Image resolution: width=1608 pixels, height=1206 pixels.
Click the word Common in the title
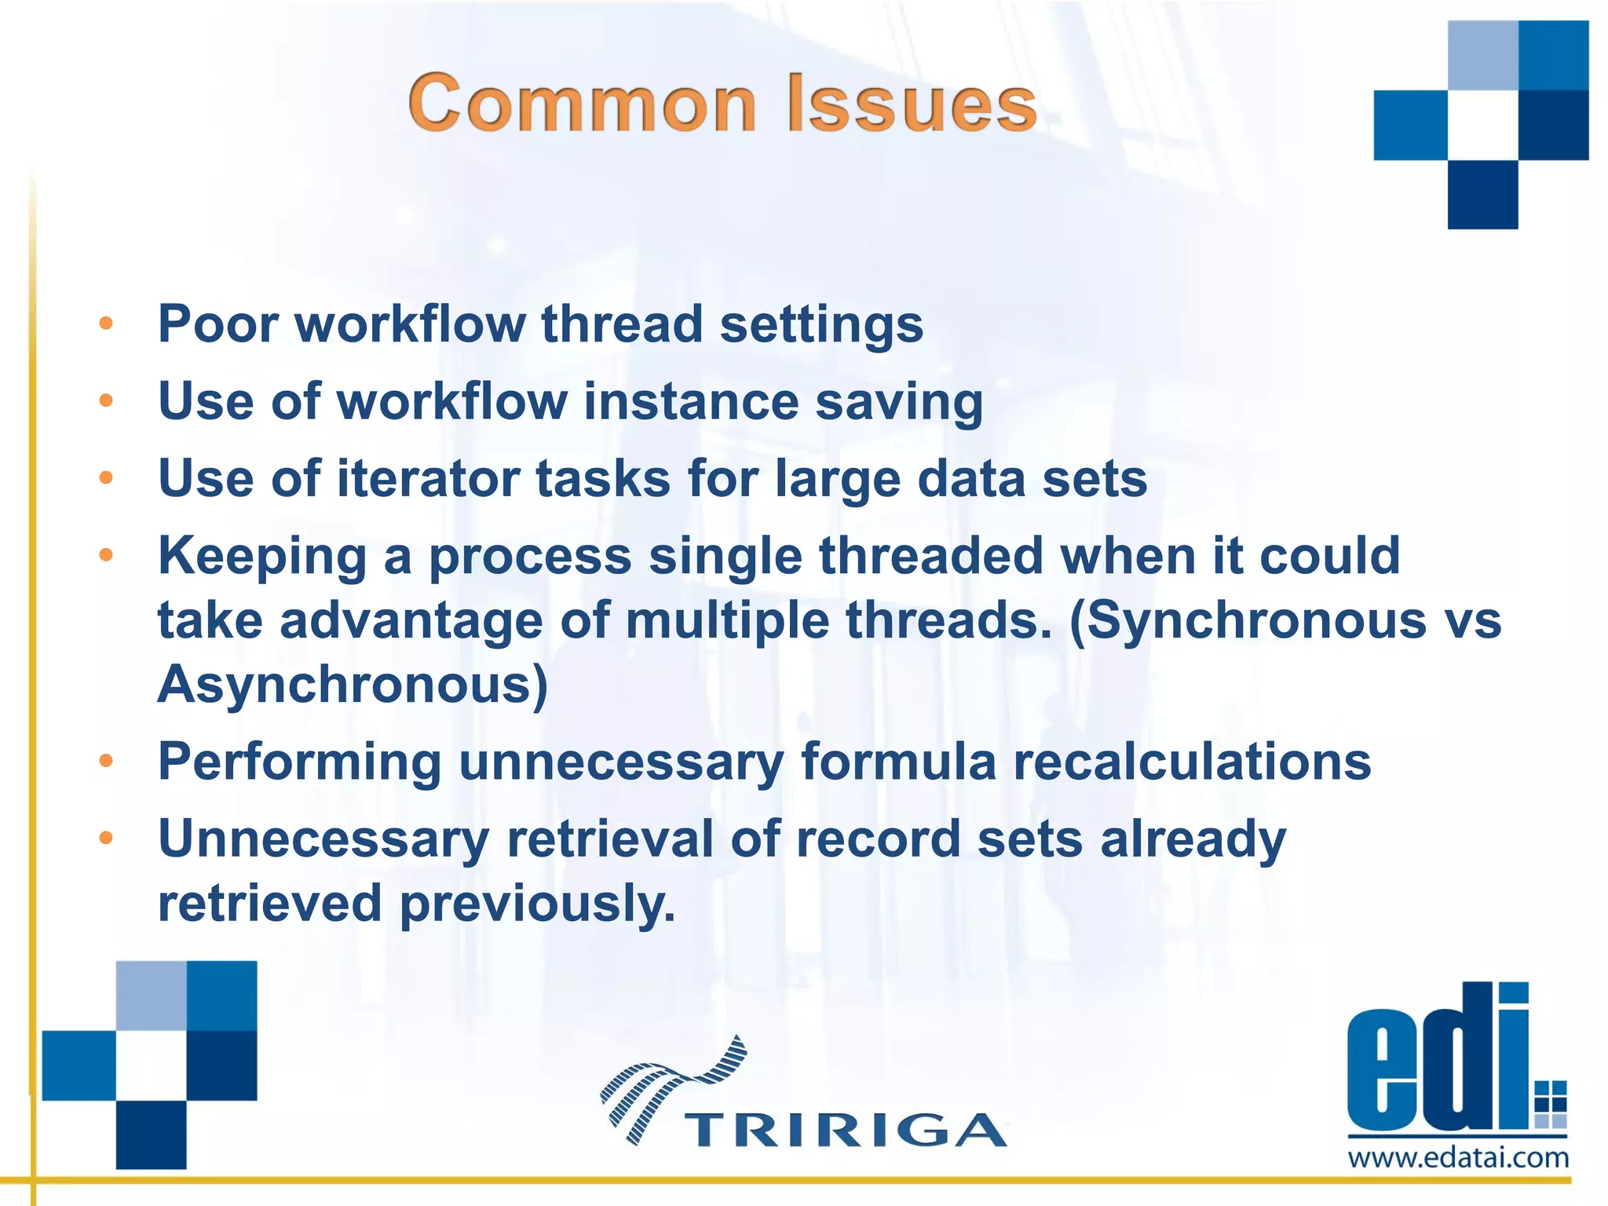[x=582, y=104]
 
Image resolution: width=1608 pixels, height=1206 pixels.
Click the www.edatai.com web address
[x=1458, y=1158]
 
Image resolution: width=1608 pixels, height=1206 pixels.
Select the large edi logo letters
[x=1437, y=1060]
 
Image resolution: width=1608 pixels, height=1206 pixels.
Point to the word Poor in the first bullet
[x=217, y=323]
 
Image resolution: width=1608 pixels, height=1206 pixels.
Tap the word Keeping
[x=262, y=556]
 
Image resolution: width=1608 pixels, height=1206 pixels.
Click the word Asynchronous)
[x=353, y=685]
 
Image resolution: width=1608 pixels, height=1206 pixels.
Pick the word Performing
[x=299, y=762]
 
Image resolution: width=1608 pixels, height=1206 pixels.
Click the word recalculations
[x=1192, y=762]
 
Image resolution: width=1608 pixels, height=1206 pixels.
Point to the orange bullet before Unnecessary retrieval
[x=106, y=839]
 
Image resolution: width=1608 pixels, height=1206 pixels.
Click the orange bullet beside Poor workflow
[x=106, y=323]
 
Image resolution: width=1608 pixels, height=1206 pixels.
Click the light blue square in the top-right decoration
[x=1482, y=55]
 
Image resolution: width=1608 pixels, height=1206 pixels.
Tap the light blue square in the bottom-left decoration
[x=151, y=995]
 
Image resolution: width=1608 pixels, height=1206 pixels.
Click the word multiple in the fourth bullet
[x=727, y=620]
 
